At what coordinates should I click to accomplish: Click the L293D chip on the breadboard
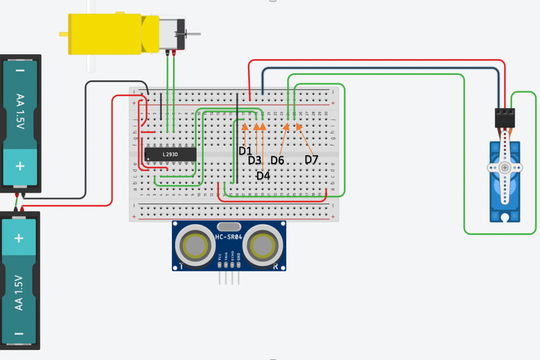[170, 155]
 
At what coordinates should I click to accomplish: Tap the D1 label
[245, 151]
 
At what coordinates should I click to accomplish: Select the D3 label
[254, 161]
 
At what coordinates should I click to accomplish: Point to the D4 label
[263, 176]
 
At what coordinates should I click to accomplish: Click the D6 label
[277, 160]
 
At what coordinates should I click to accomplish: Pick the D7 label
[311, 159]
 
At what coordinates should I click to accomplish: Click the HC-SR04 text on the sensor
[229, 236]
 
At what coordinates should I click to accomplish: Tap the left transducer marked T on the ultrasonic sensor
[198, 245]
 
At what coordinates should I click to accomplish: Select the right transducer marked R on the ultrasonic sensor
[261, 245]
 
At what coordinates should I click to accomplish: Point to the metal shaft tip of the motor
[198, 33]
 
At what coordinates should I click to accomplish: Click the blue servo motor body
[504, 179]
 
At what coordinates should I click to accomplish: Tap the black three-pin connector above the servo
[506, 118]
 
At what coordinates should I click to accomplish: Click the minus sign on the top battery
[20, 70]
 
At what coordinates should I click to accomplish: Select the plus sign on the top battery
[20, 166]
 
